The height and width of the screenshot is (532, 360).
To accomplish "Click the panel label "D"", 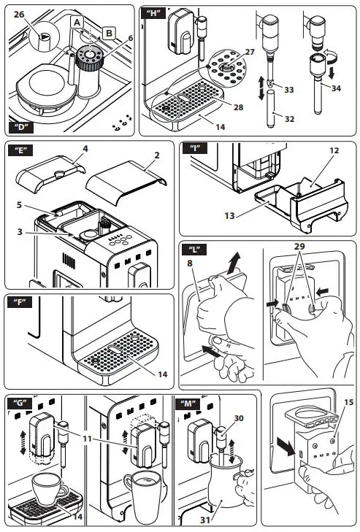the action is (21, 127).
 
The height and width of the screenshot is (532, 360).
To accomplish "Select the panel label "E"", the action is (20, 150).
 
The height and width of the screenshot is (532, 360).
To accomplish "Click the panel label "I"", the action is (194, 148).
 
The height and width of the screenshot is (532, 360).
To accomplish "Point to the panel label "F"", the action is (20, 302).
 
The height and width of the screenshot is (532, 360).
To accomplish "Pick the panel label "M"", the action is (188, 404).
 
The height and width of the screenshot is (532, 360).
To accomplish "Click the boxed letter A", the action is (77, 23).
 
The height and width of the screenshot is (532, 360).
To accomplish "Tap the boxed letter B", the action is (109, 34).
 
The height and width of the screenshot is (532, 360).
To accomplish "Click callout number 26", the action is (20, 15).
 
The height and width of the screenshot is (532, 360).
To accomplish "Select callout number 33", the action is (289, 90).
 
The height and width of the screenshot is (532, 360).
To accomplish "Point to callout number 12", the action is (334, 150).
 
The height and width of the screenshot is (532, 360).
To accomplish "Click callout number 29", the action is (299, 246).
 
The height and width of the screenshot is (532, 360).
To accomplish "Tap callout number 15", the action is (349, 402).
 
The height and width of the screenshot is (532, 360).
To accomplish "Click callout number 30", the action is (239, 418).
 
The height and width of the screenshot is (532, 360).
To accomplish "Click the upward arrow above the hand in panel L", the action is (234, 263).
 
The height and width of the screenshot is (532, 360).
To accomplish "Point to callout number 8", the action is (190, 263).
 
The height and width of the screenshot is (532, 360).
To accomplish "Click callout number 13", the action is (229, 216).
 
